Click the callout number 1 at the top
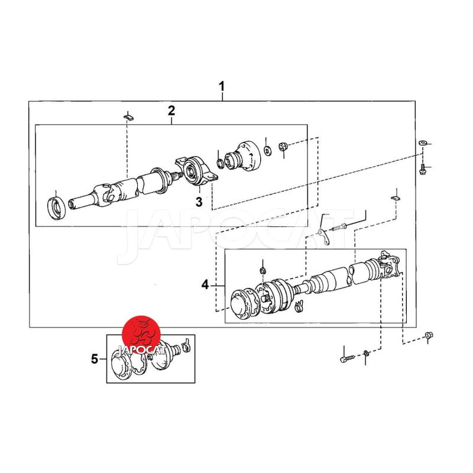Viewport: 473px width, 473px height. click(x=222, y=86)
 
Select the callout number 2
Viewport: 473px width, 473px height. click(x=171, y=111)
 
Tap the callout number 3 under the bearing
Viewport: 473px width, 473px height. click(x=199, y=202)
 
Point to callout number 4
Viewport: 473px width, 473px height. click(x=205, y=284)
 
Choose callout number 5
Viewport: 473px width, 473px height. click(x=95, y=359)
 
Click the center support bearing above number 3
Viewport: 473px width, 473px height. click(x=196, y=171)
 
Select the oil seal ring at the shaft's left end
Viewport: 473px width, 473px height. click(x=56, y=208)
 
